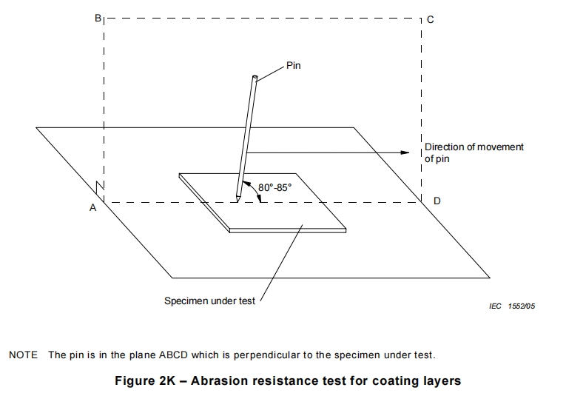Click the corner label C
point(431,20)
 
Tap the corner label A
point(93,209)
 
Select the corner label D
point(437,201)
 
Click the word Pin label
point(294,66)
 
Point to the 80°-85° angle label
point(275,188)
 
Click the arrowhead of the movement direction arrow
point(405,152)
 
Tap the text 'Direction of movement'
point(474,147)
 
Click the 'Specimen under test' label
point(209,301)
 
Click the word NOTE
point(23,355)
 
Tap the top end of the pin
point(255,77)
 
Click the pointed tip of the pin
point(237,198)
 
